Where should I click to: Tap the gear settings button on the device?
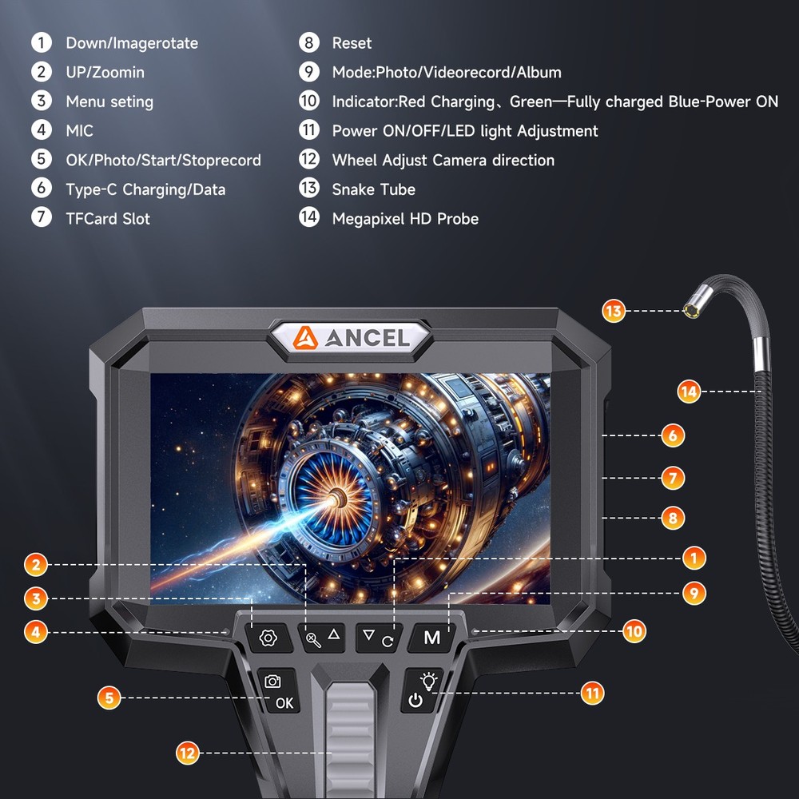click(x=268, y=638)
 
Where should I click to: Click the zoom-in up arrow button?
click(x=324, y=637)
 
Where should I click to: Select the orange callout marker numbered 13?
click(x=614, y=311)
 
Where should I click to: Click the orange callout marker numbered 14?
click(x=689, y=391)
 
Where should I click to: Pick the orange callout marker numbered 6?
click(x=672, y=435)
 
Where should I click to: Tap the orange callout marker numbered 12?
click(x=187, y=752)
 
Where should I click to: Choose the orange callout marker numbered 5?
click(x=109, y=698)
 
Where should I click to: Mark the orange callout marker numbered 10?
click(x=634, y=631)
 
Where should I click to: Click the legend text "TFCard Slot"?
click(x=108, y=218)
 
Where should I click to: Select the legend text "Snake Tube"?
click(x=373, y=189)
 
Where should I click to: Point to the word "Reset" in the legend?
click(x=352, y=43)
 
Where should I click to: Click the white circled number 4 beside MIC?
click(x=42, y=130)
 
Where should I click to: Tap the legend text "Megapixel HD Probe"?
click(x=405, y=218)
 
